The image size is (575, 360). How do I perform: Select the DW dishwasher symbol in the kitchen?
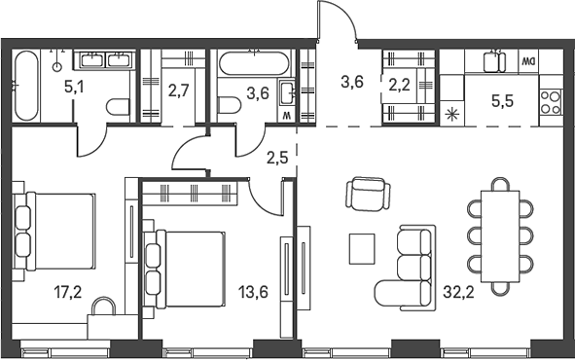tap(528, 61)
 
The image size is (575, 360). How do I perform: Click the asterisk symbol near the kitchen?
tap(451, 114)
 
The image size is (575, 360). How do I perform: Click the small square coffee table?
tap(363, 248)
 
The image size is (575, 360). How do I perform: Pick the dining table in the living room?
tap(500, 235)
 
